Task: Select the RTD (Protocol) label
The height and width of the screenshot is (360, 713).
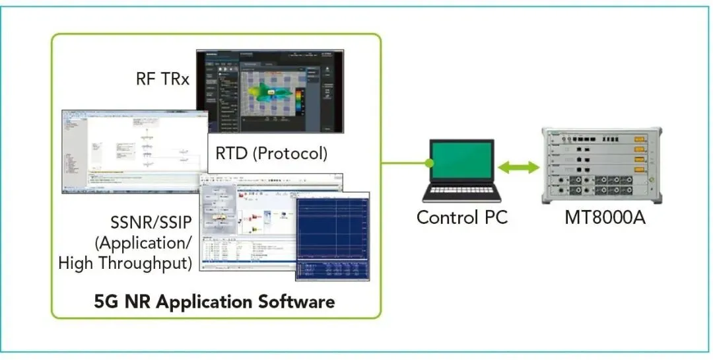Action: [271, 153]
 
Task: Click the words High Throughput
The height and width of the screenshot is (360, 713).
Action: [125, 262]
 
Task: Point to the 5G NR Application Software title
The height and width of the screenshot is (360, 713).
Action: [214, 302]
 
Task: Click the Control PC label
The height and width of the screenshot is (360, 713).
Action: [462, 217]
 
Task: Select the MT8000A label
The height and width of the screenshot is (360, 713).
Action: [605, 217]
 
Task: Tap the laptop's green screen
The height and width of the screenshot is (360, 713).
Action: [462, 163]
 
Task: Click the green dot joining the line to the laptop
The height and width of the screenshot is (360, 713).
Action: [428, 162]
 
